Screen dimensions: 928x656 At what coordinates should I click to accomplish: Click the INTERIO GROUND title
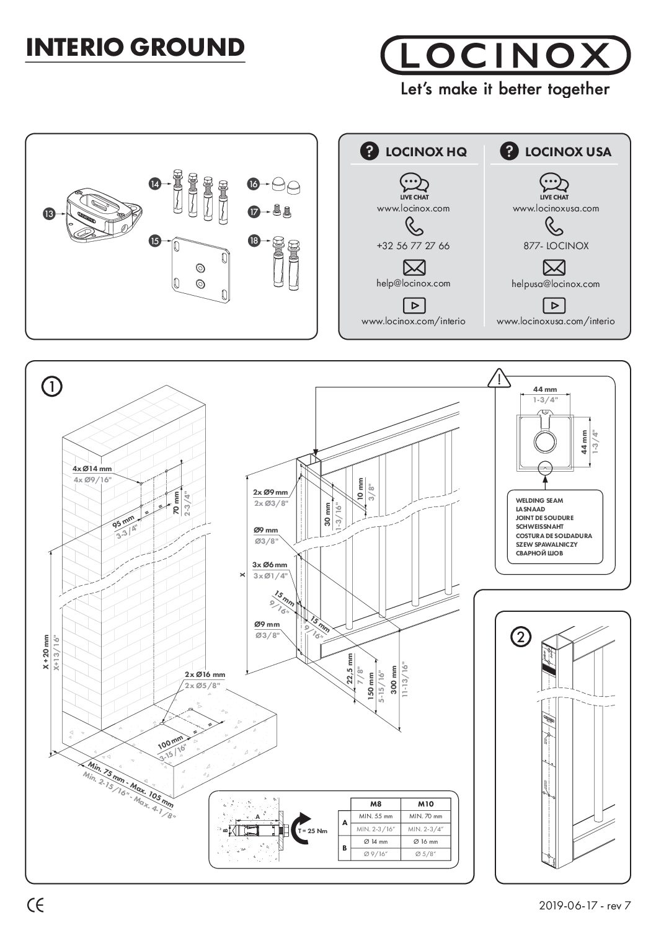click(x=135, y=48)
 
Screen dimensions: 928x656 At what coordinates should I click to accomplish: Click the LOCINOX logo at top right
click(x=505, y=56)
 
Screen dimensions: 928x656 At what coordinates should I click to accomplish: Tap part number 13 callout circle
click(x=48, y=213)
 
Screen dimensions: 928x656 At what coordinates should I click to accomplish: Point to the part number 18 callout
click(x=253, y=241)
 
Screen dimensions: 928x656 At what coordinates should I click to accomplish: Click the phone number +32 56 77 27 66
click(x=413, y=246)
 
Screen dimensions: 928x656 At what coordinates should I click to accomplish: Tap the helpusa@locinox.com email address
click(x=556, y=284)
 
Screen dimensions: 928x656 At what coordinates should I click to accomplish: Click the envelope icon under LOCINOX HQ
click(x=414, y=268)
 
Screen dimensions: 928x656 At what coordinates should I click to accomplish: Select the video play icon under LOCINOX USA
click(x=554, y=305)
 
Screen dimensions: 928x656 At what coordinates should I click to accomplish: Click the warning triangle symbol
click(x=498, y=378)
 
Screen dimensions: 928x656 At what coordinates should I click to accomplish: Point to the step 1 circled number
click(x=51, y=387)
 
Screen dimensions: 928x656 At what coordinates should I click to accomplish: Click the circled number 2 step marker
click(x=521, y=637)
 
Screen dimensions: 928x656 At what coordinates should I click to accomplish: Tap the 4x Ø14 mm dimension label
click(x=92, y=469)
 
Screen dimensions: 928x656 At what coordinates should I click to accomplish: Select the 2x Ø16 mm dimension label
click(x=205, y=674)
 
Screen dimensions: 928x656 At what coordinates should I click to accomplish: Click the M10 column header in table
click(x=425, y=803)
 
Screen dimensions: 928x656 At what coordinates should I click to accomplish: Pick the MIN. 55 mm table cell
click(x=375, y=816)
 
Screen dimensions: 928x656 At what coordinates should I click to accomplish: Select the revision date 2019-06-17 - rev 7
click(x=585, y=906)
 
